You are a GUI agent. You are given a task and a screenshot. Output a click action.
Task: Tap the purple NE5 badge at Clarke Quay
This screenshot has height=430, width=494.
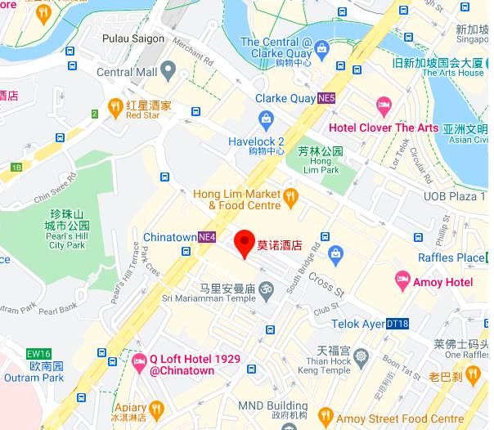327,98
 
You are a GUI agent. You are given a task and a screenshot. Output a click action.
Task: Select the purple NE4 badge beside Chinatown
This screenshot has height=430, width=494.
207,237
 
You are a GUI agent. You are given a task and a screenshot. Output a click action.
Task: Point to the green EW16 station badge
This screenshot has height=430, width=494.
34,354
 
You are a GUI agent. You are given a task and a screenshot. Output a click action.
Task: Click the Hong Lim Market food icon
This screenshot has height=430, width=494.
290,195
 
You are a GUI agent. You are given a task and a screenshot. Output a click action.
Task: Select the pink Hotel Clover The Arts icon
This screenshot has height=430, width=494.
383,105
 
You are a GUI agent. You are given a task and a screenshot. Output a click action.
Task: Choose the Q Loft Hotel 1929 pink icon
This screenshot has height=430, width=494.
138,360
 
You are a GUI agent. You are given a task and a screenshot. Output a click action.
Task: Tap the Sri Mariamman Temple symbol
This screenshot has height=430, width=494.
267,289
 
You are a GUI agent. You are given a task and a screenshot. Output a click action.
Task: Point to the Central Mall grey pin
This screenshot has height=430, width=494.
168,71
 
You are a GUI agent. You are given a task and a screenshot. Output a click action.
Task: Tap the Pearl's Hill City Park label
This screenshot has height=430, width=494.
67,235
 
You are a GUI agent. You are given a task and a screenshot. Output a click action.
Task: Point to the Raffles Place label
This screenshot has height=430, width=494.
451,258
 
